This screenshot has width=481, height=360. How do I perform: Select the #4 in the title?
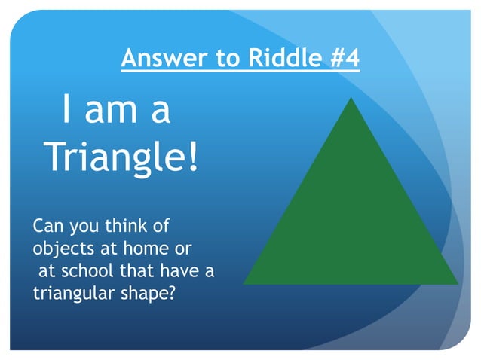(345, 57)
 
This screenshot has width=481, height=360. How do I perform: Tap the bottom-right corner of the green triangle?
(457, 283)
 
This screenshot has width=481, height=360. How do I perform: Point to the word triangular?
(72, 292)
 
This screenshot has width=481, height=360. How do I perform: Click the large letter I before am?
(68, 111)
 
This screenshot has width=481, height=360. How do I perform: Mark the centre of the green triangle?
(351, 222)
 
